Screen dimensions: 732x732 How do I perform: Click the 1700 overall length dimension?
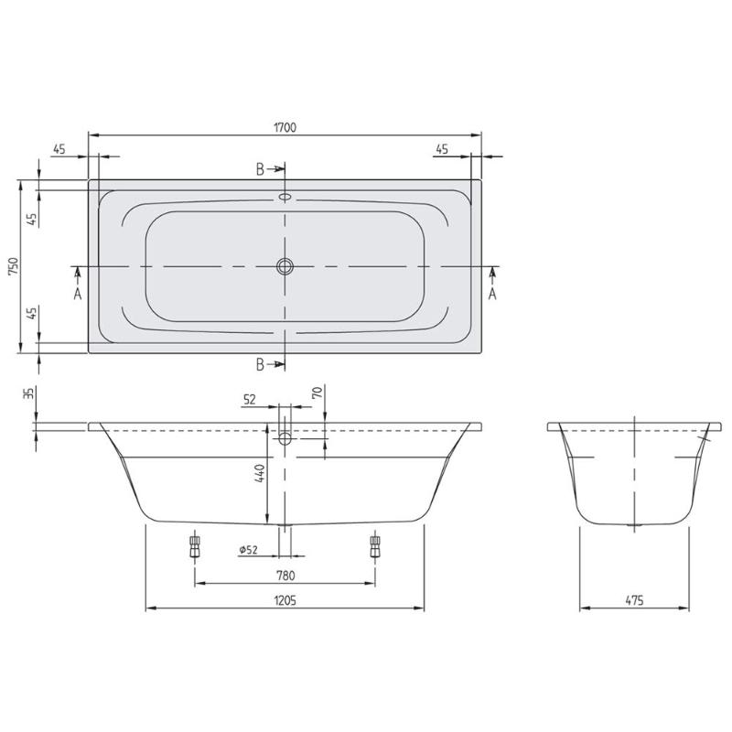coord(285,127)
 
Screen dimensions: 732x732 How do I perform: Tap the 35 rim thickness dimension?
coord(28,394)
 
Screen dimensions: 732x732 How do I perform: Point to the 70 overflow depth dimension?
coord(316,395)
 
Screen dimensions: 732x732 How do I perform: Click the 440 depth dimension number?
coord(259,474)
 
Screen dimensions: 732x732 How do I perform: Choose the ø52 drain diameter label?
coord(248,549)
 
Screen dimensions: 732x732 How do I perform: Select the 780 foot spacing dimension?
coord(285,576)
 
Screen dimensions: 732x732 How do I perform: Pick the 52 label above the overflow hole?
coord(249,398)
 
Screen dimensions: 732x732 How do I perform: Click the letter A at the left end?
coord(78,294)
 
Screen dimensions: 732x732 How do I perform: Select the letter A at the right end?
coord(492,294)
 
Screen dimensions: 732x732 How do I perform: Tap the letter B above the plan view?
coord(260,169)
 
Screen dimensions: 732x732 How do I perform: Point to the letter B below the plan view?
coord(260,364)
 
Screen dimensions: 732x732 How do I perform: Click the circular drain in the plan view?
coord(285,266)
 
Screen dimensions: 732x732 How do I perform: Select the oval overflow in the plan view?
coord(285,196)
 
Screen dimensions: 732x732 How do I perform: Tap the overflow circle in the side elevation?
coord(285,439)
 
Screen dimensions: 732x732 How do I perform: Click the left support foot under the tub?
coord(194,545)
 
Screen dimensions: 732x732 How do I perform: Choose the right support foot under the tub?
coord(374,545)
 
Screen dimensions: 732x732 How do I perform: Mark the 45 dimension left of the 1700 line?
coord(59,150)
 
